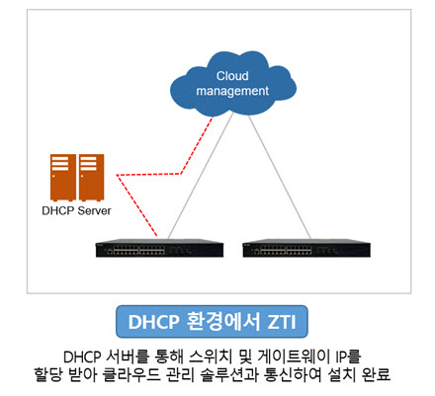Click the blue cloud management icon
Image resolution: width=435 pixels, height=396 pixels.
(x=233, y=84)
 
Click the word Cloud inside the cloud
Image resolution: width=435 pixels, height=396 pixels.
(x=232, y=76)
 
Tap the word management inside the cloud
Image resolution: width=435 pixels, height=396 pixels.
(x=232, y=91)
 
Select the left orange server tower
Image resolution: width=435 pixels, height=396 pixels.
(x=63, y=178)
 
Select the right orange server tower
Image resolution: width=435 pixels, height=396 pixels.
(x=91, y=178)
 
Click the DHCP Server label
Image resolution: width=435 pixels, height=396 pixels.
(x=76, y=210)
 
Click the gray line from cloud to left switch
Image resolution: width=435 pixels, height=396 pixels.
(x=201, y=176)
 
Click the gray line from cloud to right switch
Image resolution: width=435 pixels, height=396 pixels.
(x=280, y=177)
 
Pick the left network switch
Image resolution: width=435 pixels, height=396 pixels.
(x=159, y=248)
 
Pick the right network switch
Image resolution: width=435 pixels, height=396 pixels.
(x=306, y=248)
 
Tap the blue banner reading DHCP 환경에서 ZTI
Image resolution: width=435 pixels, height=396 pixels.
(x=212, y=322)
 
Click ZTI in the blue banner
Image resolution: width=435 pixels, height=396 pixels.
(x=281, y=322)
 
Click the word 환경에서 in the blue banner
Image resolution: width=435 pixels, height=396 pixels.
(x=223, y=321)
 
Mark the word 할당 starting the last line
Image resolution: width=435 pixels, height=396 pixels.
(x=48, y=374)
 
